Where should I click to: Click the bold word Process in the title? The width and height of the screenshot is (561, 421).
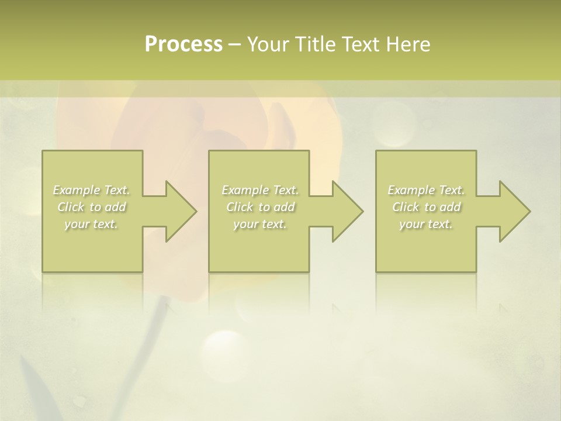(183, 44)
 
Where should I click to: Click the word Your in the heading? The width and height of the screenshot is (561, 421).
(268, 44)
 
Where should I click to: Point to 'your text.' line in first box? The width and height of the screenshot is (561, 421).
(92, 224)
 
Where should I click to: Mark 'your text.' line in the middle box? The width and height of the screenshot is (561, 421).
(260, 224)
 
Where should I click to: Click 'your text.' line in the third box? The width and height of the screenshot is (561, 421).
(426, 224)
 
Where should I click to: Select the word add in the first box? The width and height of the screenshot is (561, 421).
(115, 207)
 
